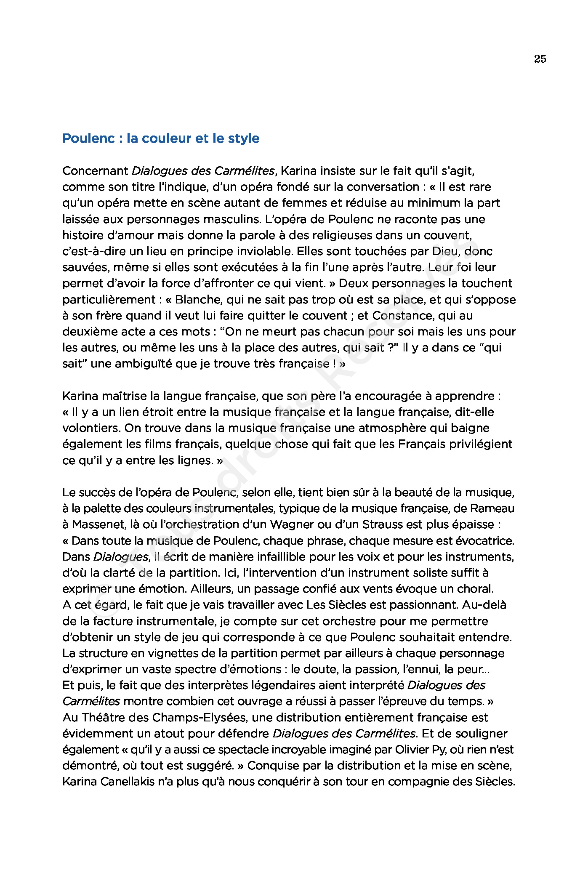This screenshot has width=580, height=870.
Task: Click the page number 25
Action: [x=540, y=59]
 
